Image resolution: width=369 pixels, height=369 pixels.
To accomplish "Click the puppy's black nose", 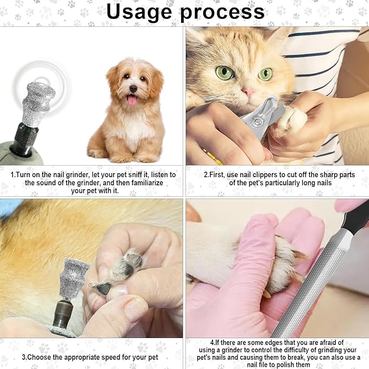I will (x=133, y=89).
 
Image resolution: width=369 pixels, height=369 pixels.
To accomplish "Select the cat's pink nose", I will (x=248, y=92).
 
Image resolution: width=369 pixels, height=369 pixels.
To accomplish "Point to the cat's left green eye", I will (x=223, y=73).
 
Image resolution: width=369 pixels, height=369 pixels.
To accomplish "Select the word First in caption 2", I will (x=218, y=175).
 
